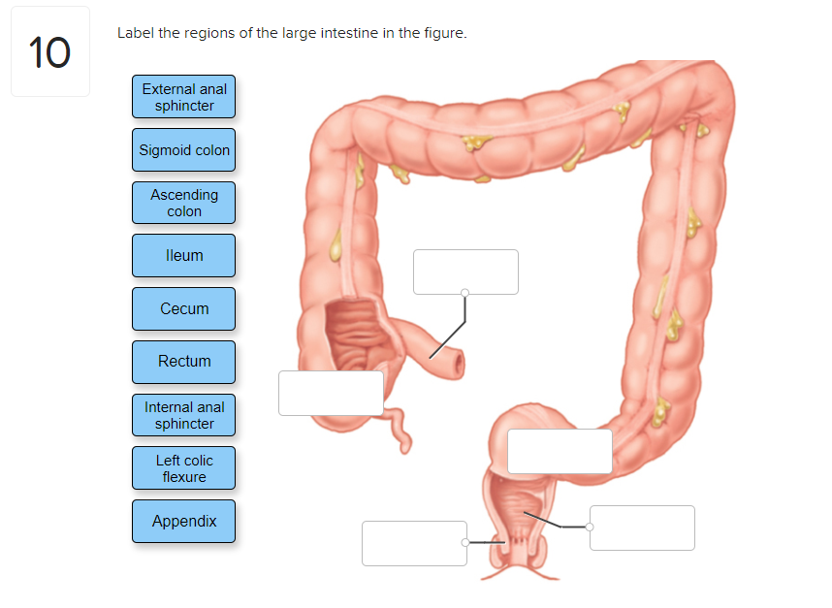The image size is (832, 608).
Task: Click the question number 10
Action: click(49, 52)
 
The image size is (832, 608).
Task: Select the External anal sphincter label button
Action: click(184, 97)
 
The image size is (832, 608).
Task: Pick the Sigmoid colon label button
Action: click(184, 150)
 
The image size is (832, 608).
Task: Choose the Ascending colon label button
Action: click(184, 203)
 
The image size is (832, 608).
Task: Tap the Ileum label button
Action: click(184, 256)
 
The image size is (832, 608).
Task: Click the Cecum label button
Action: click(184, 308)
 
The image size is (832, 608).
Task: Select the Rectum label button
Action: click(184, 362)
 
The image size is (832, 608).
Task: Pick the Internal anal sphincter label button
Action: click(184, 415)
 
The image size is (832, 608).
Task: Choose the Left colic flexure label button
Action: click(184, 468)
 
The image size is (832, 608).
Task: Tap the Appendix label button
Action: click(184, 522)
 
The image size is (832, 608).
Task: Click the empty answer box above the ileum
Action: click(465, 272)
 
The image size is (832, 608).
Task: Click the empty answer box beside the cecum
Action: click(331, 393)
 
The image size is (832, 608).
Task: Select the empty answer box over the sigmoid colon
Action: click(560, 451)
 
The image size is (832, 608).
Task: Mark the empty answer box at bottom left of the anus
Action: click(414, 543)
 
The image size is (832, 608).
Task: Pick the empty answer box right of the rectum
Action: click(642, 528)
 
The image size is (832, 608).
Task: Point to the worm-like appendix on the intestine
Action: click(397, 427)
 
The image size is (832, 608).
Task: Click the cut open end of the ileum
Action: click(456, 360)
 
